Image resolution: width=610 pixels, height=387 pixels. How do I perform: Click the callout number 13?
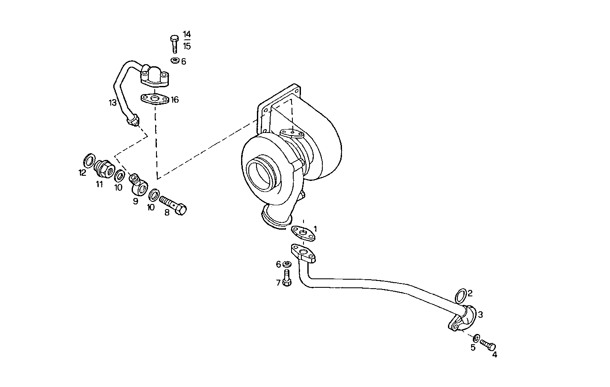point(112,103)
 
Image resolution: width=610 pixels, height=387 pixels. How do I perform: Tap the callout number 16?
point(175,100)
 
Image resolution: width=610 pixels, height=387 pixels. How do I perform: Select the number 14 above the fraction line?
point(187,35)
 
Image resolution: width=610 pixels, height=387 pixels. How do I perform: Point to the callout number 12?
point(83,173)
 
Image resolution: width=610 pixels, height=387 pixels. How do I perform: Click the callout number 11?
point(99,184)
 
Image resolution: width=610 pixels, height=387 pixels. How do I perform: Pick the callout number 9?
point(136,201)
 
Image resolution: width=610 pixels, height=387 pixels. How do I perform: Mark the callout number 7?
point(278,282)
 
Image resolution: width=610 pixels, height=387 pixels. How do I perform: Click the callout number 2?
point(470,293)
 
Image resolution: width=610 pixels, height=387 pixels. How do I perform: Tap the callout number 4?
point(495,354)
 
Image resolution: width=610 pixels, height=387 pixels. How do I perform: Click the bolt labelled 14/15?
point(174,44)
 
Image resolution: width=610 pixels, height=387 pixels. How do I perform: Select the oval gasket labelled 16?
point(154,99)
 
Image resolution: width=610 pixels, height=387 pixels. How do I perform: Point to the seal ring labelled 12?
point(90,161)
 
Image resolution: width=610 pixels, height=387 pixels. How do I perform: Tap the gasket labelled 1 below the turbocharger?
point(303,232)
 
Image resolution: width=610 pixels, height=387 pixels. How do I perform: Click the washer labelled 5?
point(477,337)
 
